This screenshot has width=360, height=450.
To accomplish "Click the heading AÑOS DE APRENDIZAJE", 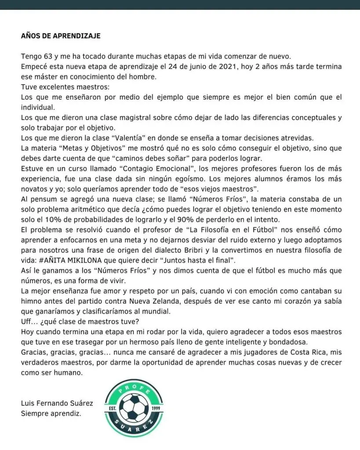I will [61, 36].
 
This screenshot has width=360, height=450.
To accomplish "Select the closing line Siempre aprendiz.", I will [51, 414].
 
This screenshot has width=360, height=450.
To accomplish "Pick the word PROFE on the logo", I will [135, 388].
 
